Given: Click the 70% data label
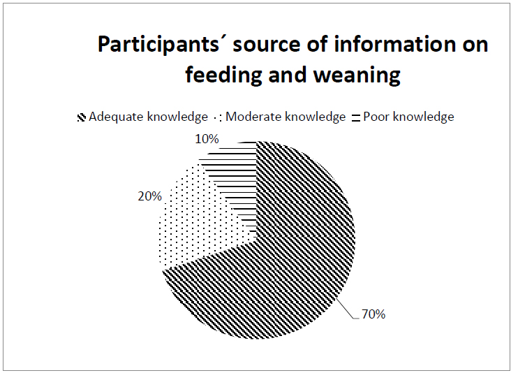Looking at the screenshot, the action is (373, 314).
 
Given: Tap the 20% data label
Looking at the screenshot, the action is (149, 196).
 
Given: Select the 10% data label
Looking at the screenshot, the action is (207, 139).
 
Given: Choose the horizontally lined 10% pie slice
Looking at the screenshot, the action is (235, 173).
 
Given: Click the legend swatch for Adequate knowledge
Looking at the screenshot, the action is (82, 117).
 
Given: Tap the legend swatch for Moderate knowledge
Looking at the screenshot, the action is (218, 117).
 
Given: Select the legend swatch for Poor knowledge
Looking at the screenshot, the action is (356, 117).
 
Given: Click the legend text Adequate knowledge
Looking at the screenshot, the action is (148, 117).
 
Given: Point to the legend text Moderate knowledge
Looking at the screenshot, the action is (286, 117).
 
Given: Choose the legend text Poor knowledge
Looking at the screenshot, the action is (408, 117).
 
